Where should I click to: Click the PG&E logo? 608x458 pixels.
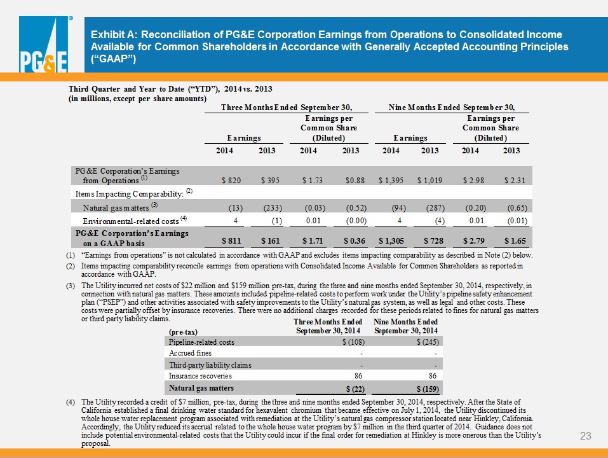click(x=44, y=45)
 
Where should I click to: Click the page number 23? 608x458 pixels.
click(x=586, y=436)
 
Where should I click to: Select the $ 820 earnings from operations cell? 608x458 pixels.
click(x=231, y=181)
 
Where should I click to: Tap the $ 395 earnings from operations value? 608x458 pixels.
click(x=270, y=181)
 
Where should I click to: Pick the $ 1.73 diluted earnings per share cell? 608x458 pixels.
click(x=313, y=181)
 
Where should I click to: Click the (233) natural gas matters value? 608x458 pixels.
click(x=273, y=208)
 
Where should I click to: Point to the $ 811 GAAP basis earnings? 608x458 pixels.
click(x=231, y=241)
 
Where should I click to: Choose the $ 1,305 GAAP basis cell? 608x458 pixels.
click(x=391, y=241)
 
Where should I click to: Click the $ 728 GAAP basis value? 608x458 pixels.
click(x=434, y=241)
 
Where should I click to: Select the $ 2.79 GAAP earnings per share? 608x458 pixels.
click(x=474, y=241)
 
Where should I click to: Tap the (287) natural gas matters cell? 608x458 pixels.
click(x=435, y=208)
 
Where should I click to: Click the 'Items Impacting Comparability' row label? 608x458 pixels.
click(x=130, y=193)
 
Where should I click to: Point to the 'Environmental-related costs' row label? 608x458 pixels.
click(x=131, y=221)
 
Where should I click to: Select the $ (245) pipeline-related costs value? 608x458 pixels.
click(x=428, y=342)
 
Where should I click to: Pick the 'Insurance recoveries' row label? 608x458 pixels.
click(x=200, y=376)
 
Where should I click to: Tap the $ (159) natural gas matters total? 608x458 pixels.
click(x=428, y=389)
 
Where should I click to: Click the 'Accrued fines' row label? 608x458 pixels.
click(x=190, y=353)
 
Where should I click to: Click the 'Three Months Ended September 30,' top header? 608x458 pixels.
click(x=287, y=107)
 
